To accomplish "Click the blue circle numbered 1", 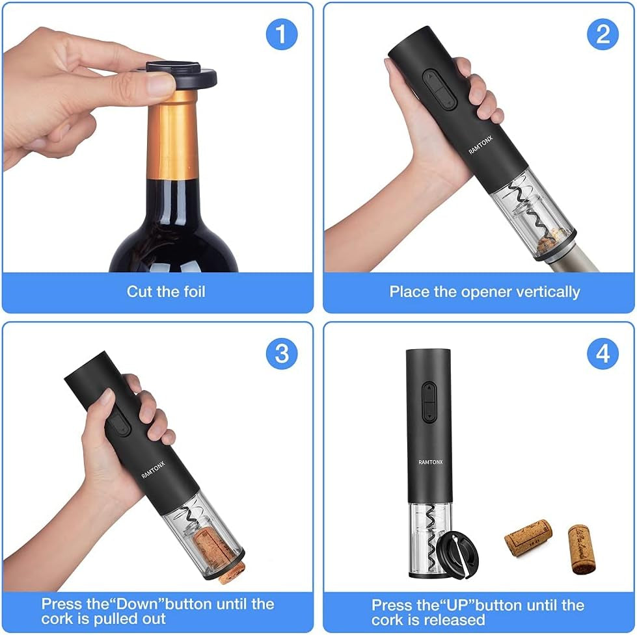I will coord(281,34).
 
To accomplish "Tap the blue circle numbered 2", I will coord(603,34).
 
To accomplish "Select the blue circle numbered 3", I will coord(281,354).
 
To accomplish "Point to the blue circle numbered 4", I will coord(603,354).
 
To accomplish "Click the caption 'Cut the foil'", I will coord(166,291).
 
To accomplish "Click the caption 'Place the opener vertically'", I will coord(484,292).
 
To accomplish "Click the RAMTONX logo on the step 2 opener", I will coord(482,141).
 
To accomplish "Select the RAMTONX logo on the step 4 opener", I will coord(429,463).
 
